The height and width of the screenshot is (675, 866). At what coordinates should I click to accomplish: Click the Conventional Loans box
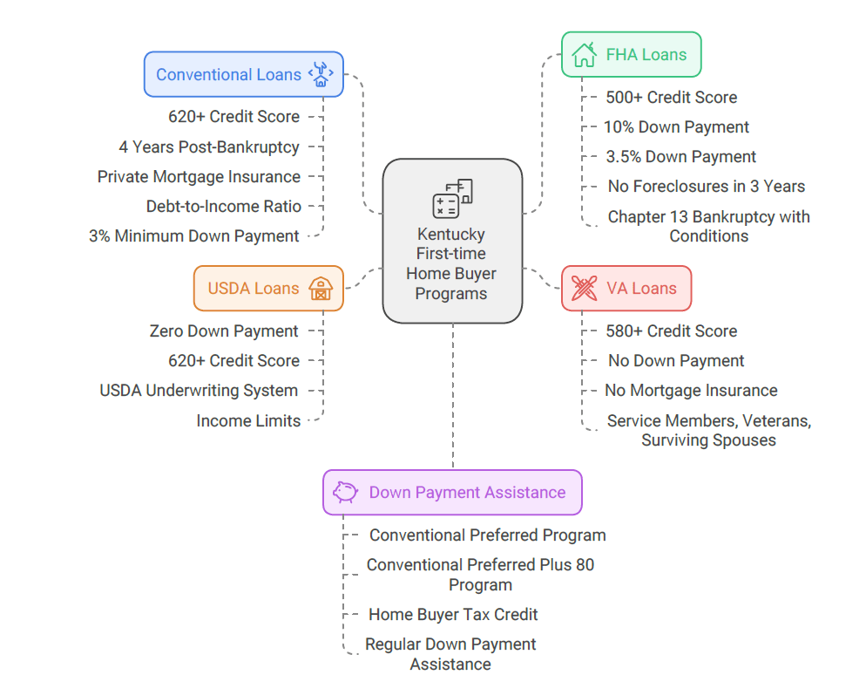click(x=243, y=74)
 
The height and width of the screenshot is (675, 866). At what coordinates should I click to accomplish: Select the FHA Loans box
click(x=631, y=55)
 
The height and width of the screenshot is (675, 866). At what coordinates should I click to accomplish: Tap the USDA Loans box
click(x=268, y=289)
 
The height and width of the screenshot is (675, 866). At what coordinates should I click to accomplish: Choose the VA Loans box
click(x=626, y=289)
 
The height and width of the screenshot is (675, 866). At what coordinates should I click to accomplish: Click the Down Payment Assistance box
click(x=452, y=493)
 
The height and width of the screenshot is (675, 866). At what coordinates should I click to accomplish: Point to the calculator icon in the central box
click(x=452, y=199)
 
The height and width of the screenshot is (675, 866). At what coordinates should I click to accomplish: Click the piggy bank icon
click(x=346, y=493)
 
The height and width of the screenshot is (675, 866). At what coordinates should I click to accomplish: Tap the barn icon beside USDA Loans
click(x=321, y=289)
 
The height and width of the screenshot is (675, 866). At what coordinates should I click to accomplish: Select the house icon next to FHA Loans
click(x=584, y=55)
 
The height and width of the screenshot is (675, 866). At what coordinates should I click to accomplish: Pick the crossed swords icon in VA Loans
click(x=584, y=289)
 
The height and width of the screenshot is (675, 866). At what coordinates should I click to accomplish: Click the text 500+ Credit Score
click(x=672, y=98)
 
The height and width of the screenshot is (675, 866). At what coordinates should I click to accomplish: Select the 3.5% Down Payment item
click(x=681, y=157)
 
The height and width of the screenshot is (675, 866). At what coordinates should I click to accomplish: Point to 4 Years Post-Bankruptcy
click(x=209, y=147)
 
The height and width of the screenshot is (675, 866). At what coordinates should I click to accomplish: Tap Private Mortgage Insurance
click(x=199, y=176)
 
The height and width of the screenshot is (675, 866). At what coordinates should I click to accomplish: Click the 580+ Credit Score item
click(x=672, y=331)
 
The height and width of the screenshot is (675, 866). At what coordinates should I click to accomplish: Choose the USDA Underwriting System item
click(x=199, y=391)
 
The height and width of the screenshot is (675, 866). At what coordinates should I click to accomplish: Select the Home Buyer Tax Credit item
click(x=453, y=615)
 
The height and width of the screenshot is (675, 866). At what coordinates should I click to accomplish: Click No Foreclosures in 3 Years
click(x=707, y=187)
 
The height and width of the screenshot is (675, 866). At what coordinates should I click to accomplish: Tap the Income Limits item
click(x=248, y=420)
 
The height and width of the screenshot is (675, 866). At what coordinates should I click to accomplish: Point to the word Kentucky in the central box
click(x=451, y=235)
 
